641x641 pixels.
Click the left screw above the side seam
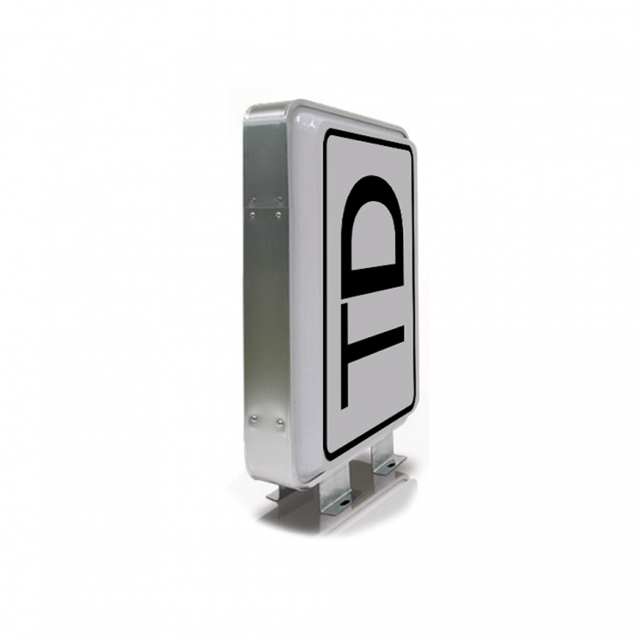click(254, 200)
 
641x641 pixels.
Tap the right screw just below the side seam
click(279, 215)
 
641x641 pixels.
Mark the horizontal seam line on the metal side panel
click(266, 207)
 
